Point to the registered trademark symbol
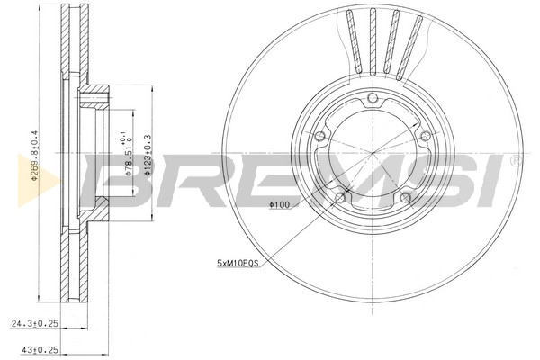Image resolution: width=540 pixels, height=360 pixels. pos(513,161)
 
